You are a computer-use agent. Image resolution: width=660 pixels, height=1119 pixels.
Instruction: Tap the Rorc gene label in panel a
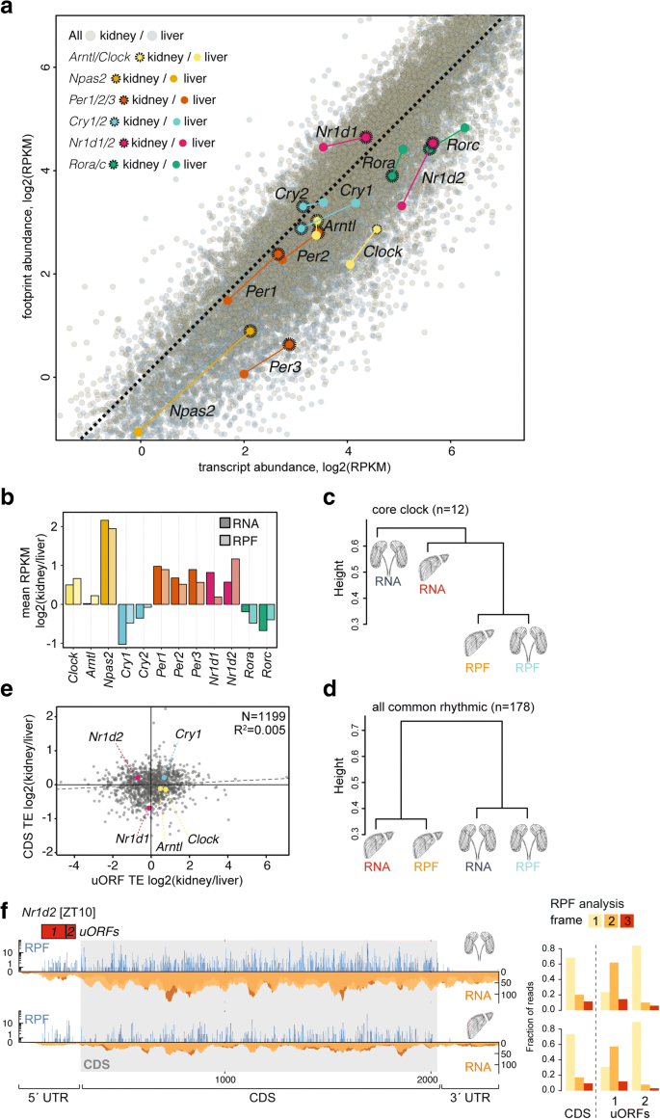[x=463, y=145]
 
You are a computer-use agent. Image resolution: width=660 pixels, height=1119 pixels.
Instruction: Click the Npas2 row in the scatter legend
[x=112, y=77]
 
